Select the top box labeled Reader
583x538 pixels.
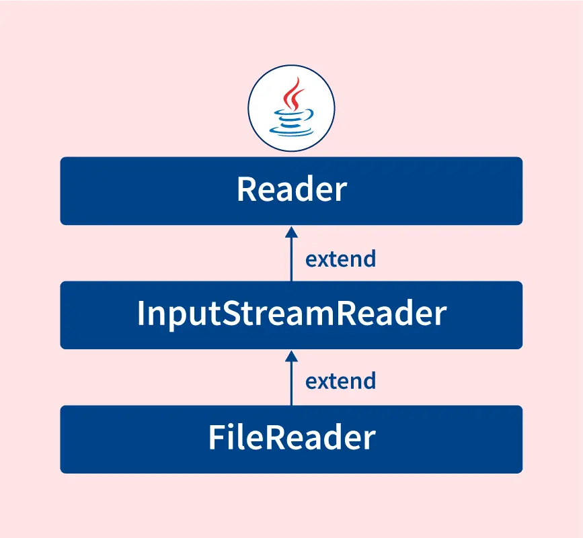point(291,191)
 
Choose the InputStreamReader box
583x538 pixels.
point(291,315)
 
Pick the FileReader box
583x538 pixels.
point(291,439)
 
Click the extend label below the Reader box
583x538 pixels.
point(340,259)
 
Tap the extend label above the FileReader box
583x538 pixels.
point(340,382)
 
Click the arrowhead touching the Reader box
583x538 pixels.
point(291,231)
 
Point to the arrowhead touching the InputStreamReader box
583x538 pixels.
point(291,355)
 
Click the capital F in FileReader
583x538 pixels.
point(215,439)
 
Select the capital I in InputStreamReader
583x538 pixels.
point(141,314)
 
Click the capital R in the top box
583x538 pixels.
point(247,191)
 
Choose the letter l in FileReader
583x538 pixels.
point(236,438)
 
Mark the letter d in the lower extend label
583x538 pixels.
point(368,382)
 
